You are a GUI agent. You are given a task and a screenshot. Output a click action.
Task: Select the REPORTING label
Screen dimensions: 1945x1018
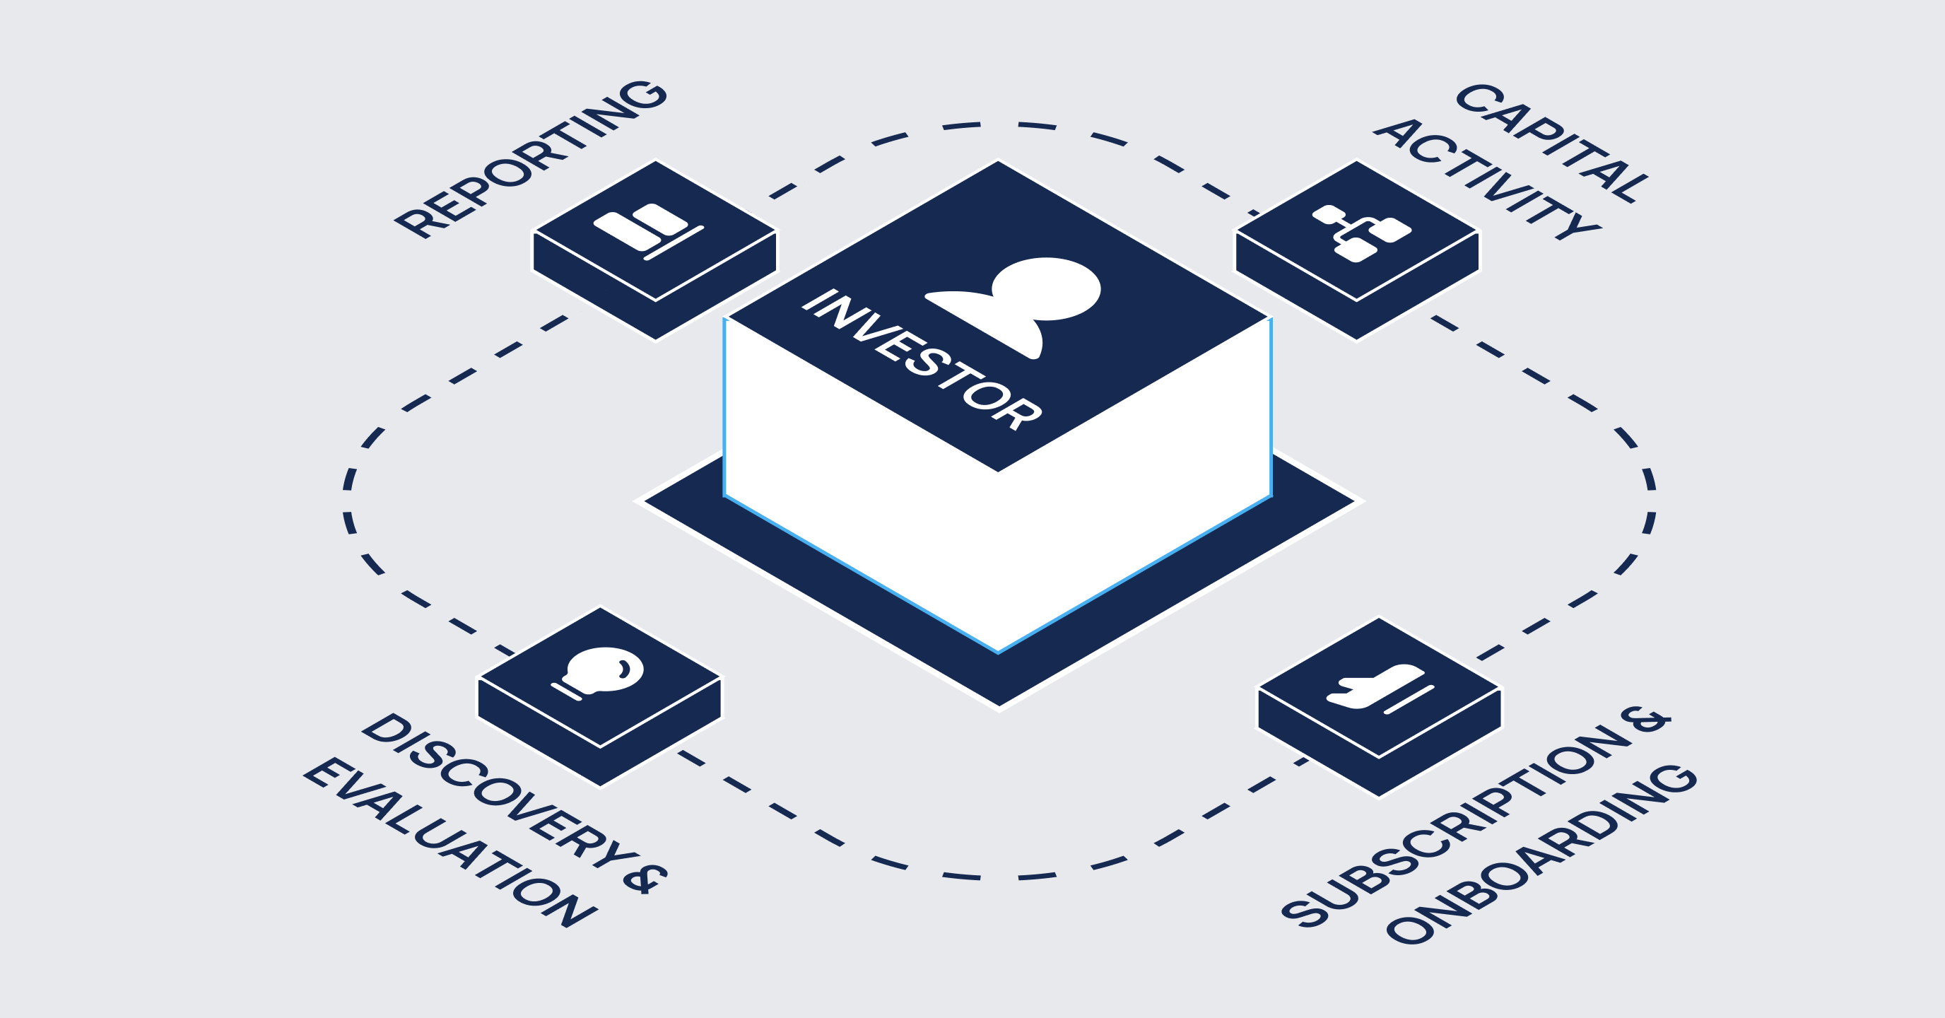click(x=531, y=158)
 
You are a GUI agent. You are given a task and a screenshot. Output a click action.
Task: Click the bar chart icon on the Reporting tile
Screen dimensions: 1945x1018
click(x=649, y=231)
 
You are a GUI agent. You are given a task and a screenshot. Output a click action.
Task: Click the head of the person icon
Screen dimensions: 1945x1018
click(x=1047, y=288)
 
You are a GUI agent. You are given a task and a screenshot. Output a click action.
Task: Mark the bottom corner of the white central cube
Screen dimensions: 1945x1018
click(x=998, y=653)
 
